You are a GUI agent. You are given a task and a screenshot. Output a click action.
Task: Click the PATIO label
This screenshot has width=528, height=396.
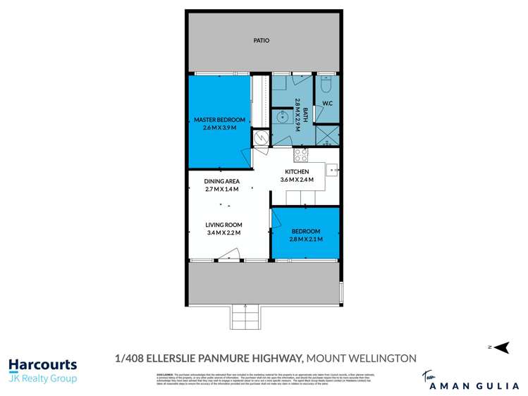point(262,41)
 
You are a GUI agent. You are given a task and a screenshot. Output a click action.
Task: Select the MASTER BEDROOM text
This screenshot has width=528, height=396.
point(219,120)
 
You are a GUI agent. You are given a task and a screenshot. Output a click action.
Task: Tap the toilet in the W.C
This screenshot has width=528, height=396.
point(326,85)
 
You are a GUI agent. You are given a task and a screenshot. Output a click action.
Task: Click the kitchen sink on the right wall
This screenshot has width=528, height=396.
point(331,169)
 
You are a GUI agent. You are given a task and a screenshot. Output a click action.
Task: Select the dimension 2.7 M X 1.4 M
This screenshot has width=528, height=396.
point(221,189)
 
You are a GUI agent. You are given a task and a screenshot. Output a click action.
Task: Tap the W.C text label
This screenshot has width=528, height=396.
point(327,106)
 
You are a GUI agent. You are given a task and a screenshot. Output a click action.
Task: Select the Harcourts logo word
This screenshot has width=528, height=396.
point(42,365)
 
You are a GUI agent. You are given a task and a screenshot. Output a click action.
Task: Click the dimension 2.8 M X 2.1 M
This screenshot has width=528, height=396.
point(305,240)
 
